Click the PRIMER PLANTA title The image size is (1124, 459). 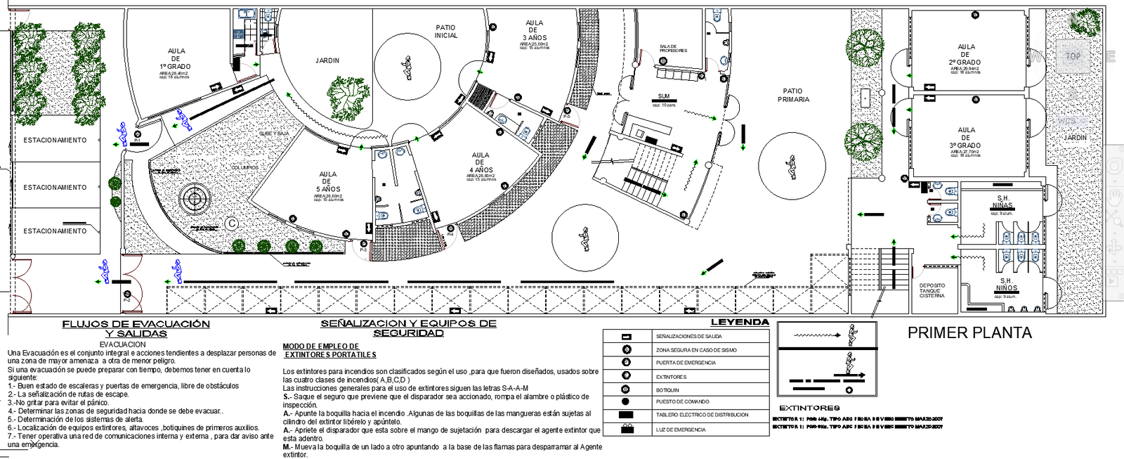[969, 333]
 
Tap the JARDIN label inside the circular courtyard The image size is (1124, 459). [327, 60]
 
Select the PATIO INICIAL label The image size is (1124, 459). [445, 32]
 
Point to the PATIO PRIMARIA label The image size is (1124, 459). [793, 95]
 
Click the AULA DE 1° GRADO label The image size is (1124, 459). [176, 59]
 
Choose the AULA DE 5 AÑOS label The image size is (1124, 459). [328, 181]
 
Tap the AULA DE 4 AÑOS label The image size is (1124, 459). [481, 162]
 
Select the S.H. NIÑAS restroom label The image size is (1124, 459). [1003, 202]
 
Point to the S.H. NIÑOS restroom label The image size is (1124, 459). [1006, 284]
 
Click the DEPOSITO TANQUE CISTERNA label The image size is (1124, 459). [932, 290]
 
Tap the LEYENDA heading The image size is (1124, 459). [740, 323]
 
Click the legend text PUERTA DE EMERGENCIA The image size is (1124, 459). [686, 363]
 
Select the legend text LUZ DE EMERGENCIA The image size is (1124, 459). [681, 429]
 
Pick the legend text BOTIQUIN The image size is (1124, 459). [667, 389]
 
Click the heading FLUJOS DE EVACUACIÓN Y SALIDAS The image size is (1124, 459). [136, 328]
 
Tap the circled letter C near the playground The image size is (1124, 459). [231, 224]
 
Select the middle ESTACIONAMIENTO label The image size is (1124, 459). [55, 188]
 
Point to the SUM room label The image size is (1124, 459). [664, 96]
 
